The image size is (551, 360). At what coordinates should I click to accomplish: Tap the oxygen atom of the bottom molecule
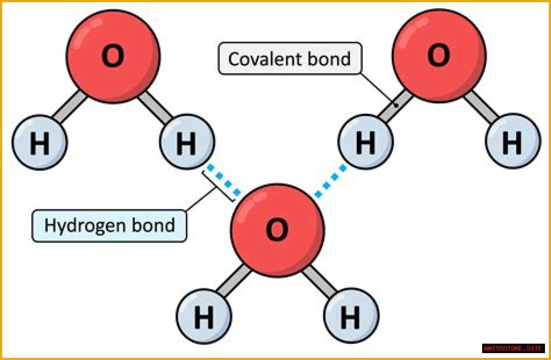277,230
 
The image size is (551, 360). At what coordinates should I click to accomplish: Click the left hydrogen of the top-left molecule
39,142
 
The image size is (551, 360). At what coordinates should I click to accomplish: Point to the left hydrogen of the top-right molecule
365,142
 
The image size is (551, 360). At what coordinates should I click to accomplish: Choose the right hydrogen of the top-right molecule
512,142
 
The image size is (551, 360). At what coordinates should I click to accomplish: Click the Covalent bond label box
290,58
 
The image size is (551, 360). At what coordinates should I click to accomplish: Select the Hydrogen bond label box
109,225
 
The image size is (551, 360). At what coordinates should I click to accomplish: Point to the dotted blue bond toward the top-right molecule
331,181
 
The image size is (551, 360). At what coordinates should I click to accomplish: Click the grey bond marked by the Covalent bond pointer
393,106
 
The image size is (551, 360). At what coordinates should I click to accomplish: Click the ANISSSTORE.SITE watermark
513,348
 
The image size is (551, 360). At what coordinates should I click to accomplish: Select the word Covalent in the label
262,58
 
